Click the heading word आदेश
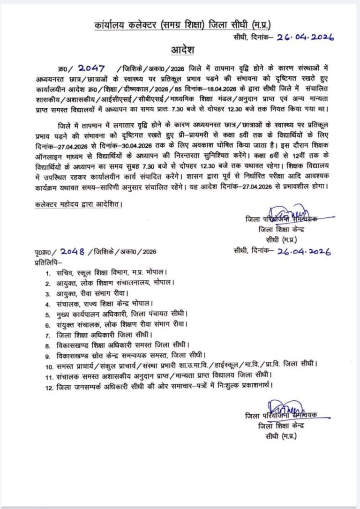(180, 51)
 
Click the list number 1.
(47, 272)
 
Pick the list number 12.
(49, 386)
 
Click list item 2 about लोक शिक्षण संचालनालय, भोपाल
(115, 283)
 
